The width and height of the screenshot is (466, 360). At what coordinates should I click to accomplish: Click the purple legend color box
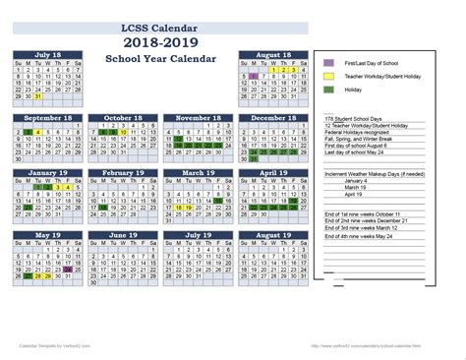point(328,63)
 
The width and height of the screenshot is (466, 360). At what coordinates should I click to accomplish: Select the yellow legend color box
point(328,76)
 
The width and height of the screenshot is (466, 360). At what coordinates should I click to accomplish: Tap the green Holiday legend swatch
point(328,90)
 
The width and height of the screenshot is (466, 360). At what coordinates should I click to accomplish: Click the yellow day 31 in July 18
point(36,96)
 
